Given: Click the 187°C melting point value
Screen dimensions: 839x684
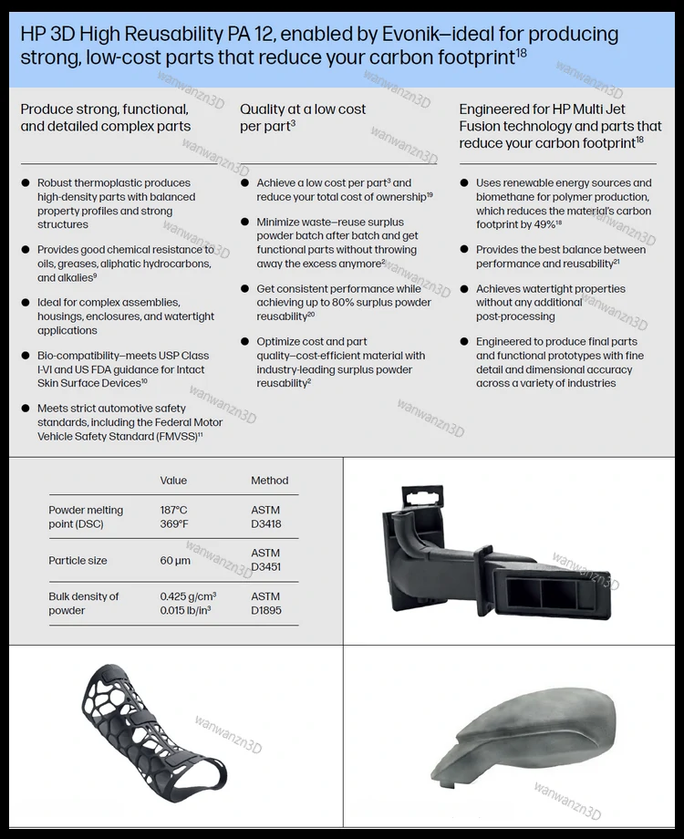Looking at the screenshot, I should (174, 510).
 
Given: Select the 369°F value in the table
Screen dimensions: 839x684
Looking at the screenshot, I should (174, 524).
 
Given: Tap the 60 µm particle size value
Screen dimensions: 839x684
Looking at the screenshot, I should (175, 561).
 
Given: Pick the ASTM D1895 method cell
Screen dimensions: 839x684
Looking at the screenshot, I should (265, 603).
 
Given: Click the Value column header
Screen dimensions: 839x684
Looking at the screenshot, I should (173, 481).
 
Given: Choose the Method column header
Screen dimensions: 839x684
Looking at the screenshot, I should (269, 481).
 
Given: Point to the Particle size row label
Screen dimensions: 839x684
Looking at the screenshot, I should (78, 561).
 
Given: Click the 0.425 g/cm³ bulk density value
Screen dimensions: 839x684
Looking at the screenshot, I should (188, 596).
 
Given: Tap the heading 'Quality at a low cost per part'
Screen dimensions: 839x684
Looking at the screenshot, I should (302, 117).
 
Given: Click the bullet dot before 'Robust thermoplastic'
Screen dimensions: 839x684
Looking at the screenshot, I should (26, 183).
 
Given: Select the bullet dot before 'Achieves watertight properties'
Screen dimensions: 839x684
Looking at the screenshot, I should (464, 289).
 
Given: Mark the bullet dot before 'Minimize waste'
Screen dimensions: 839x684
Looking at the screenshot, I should (245, 223).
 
